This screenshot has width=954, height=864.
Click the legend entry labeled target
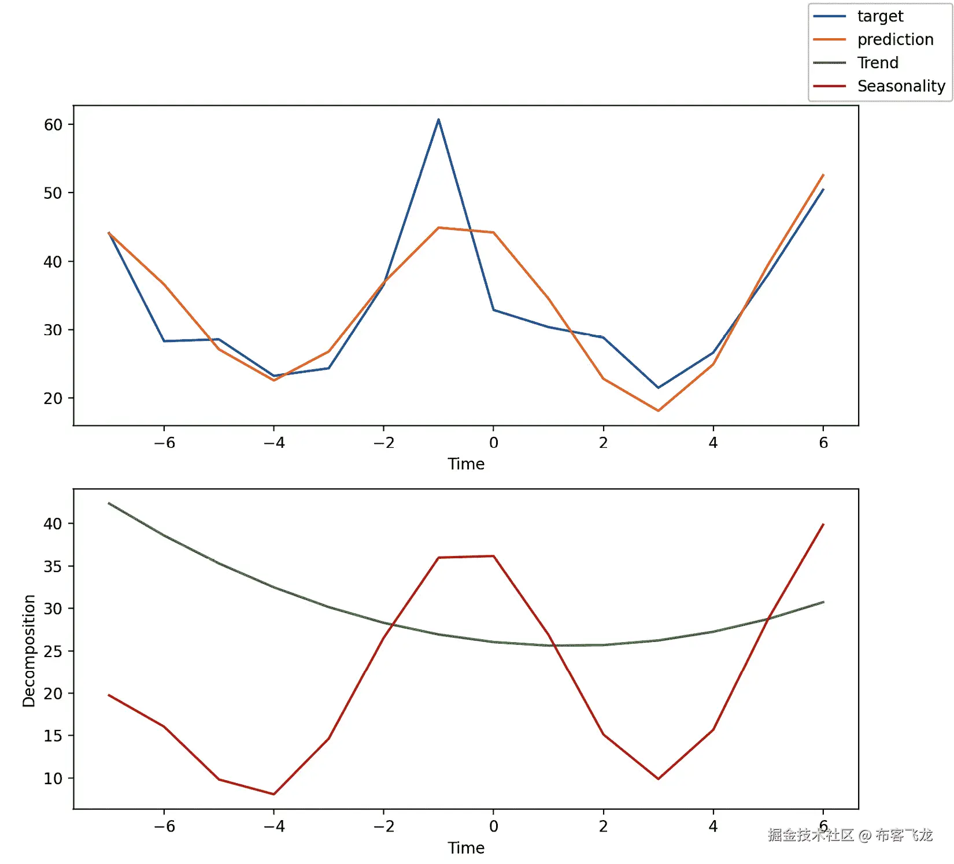click(x=879, y=16)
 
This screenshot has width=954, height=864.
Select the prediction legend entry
click(x=894, y=39)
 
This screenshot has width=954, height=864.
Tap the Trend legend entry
click(x=877, y=62)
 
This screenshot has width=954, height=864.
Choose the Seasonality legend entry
click(x=900, y=86)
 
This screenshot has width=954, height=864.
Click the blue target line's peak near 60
click(x=438, y=120)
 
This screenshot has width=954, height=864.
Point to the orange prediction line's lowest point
click(x=658, y=410)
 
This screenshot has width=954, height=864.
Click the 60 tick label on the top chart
click(x=53, y=125)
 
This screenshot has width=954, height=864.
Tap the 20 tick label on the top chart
click(x=53, y=398)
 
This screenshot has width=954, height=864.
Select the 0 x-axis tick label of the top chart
click(x=493, y=443)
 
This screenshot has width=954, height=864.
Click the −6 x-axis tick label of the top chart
click(x=164, y=443)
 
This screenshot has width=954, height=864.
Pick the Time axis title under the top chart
click(x=466, y=464)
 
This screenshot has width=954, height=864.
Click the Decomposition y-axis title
click(x=29, y=650)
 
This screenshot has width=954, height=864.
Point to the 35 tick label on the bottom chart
click(x=53, y=566)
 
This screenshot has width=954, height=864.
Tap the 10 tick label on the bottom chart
click(x=53, y=778)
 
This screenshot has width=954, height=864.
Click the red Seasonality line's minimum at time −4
click(x=273, y=794)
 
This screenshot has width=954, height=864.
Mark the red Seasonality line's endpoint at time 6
click(x=823, y=524)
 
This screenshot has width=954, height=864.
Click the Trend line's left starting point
click(x=109, y=503)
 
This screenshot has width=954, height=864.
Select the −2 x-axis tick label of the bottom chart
click(x=383, y=826)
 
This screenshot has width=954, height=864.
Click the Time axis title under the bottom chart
click(x=466, y=848)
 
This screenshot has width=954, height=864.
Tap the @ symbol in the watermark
click(x=864, y=835)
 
